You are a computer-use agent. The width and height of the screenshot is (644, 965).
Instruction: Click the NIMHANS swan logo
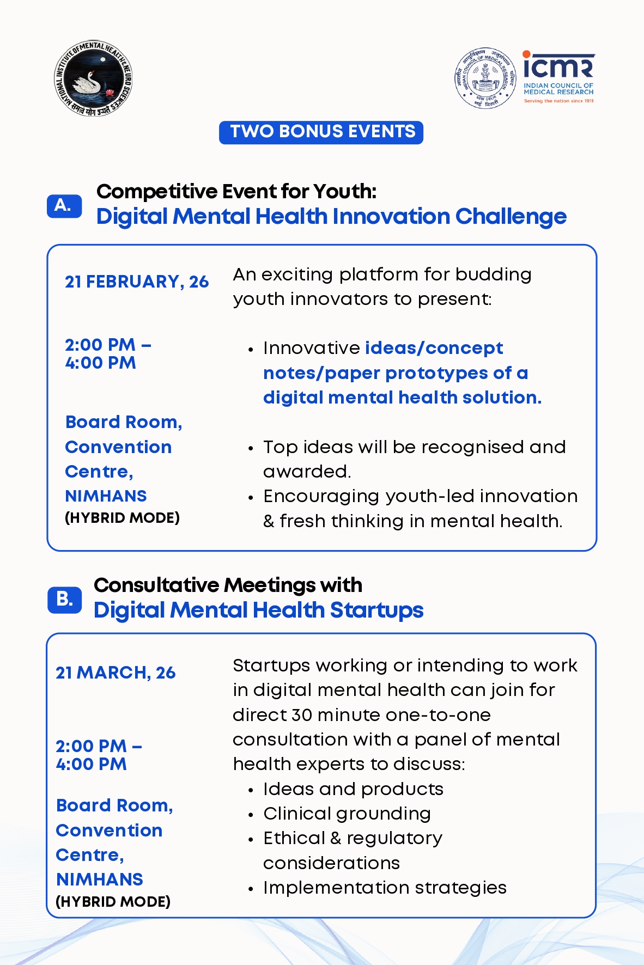[x=93, y=78]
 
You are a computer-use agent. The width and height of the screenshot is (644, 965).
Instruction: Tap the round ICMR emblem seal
[x=485, y=78]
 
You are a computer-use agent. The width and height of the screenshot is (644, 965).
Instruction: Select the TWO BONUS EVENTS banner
[x=321, y=132]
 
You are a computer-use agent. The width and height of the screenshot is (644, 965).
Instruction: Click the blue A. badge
[x=64, y=206]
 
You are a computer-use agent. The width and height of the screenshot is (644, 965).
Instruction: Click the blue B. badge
[x=64, y=600]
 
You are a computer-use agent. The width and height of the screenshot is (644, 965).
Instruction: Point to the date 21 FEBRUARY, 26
[x=137, y=282]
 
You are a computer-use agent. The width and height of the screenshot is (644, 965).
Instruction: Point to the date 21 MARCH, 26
[x=116, y=673]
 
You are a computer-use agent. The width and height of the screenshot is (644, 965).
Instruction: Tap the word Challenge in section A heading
[x=511, y=217]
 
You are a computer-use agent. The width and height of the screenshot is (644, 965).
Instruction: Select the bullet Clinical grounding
[x=347, y=814]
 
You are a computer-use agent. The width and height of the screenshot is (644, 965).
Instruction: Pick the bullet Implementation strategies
[x=385, y=888]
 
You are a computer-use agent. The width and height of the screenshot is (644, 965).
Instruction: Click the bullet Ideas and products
[x=353, y=789]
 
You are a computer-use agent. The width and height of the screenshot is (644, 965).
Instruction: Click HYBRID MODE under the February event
[x=122, y=518]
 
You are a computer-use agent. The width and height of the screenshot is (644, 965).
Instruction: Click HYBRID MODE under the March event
[x=113, y=902]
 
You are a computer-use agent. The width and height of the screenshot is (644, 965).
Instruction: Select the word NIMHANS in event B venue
[x=99, y=880]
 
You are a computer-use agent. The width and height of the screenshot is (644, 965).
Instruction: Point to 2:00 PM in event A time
[x=100, y=345]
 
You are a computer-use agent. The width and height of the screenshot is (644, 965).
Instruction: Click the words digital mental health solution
[x=402, y=398]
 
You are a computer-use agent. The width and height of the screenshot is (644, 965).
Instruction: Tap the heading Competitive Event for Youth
[x=236, y=192]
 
